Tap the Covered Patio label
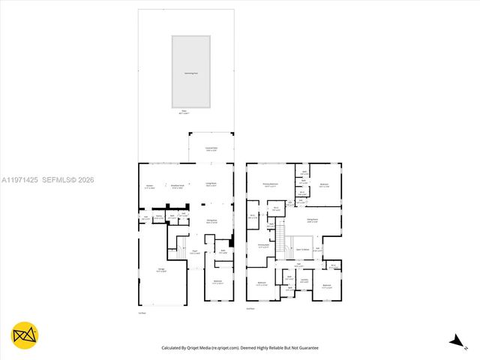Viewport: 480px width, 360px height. (211, 149)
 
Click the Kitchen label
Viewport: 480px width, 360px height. (149, 187)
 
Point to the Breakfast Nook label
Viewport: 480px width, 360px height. (178, 187)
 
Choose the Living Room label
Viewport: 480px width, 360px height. (211, 184)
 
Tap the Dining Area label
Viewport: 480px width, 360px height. (211, 221)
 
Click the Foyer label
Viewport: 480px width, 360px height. (194, 253)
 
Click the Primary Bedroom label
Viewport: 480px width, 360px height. (271, 184)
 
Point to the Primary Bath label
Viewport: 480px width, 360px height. (263, 245)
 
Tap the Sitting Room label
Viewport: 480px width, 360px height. (312, 220)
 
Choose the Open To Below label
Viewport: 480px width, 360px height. (303, 248)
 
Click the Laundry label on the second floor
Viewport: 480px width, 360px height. (304, 280)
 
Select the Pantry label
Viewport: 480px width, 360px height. (159, 217)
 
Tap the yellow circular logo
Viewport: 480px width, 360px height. (25, 335)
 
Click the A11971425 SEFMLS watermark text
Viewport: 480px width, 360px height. (48, 180)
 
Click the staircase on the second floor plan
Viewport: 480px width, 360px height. (283, 243)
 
